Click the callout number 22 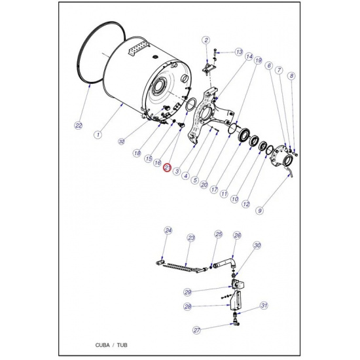[79, 126]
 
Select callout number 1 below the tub [98, 134]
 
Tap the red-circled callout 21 [167, 168]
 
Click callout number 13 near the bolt [239, 52]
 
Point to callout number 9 [260, 210]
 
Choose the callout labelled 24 [168, 230]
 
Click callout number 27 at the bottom [196, 330]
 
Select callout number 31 [264, 306]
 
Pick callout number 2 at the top [206, 40]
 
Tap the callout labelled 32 [122, 141]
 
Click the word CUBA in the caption [102, 345]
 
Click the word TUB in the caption [122, 345]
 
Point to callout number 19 [259, 60]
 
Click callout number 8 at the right [291, 76]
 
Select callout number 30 [257, 245]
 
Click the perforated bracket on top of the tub [137, 50]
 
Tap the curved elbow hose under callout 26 [227, 262]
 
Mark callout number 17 [214, 190]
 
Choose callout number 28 [188, 306]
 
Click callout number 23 [191, 238]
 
